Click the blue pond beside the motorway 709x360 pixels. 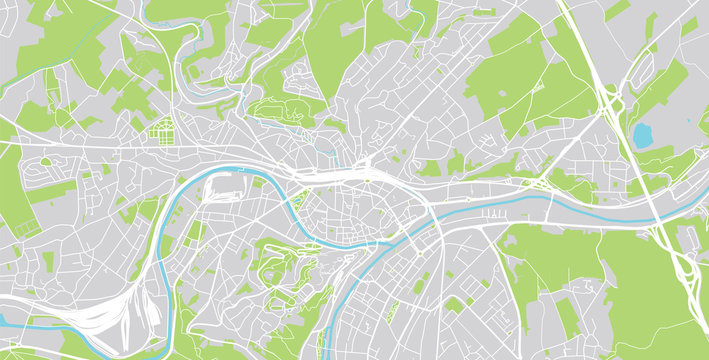[642, 134]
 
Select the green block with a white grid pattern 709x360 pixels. [161, 129]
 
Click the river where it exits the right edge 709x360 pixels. [703, 211]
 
